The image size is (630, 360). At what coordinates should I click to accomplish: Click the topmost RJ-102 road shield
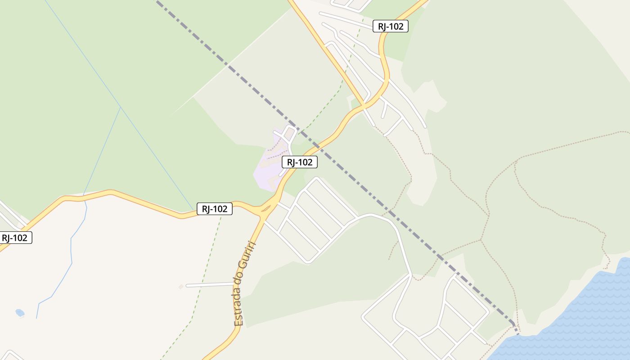(x=391, y=26)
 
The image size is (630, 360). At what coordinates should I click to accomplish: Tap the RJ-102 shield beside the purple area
(x=300, y=162)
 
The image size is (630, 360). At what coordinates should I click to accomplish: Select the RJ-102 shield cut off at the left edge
(x=15, y=238)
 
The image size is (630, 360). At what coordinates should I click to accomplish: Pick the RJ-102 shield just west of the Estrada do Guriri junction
(x=215, y=209)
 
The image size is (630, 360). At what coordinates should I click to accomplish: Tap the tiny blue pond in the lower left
(x=20, y=312)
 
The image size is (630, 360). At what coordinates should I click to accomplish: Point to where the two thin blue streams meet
(x=121, y=108)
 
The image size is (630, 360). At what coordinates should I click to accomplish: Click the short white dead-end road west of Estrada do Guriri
(x=209, y=284)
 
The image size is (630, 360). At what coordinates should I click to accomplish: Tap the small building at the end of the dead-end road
(x=181, y=287)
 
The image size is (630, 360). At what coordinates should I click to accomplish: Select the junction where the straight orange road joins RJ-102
(x=364, y=105)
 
